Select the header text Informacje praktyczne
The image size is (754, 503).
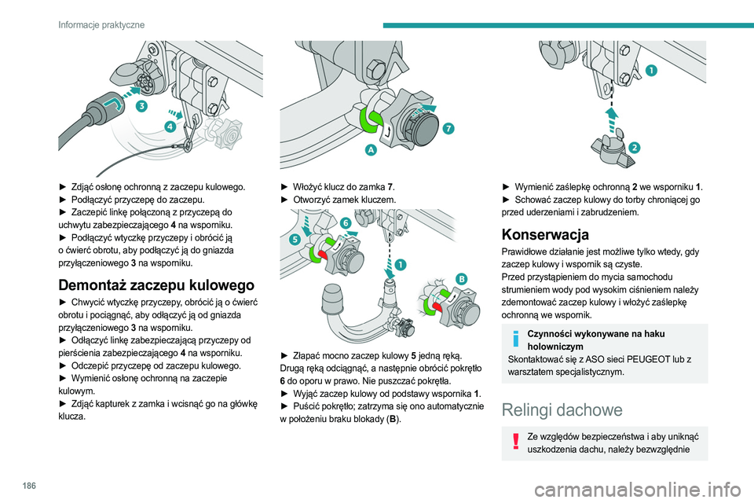(x=101, y=25)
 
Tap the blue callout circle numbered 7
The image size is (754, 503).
(x=447, y=127)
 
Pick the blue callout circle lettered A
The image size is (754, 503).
(x=368, y=150)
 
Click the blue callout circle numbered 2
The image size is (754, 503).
(x=634, y=147)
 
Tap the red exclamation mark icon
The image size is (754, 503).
(x=515, y=442)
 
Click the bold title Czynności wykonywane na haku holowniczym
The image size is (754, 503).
(x=583, y=338)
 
